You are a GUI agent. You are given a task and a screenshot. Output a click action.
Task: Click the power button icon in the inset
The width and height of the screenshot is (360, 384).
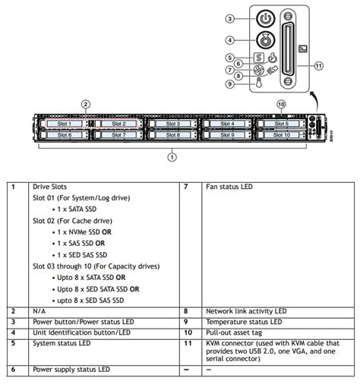(x=265, y=18)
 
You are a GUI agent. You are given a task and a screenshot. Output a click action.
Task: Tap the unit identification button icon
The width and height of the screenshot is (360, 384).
(x=265, y=40)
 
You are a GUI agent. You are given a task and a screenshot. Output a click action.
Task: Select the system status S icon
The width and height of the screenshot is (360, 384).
(x=259, y=58)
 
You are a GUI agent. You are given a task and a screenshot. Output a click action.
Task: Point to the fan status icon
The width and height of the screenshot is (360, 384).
(x=259, y=70)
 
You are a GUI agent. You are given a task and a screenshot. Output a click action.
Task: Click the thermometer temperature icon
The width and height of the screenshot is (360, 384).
(x=259, y=83)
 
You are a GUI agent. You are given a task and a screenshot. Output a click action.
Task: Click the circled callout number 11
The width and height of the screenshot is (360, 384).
(x=318, y=66)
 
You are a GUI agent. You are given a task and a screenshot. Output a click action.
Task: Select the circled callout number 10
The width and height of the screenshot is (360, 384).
(x=281, y=104)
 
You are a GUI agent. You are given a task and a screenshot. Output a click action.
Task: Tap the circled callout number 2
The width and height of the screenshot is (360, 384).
(x=86, y=104)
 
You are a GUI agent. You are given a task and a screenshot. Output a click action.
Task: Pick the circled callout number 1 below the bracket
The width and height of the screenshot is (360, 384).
(x=172, y=157)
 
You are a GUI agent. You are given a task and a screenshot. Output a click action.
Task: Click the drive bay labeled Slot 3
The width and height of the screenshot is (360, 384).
(x=173, y=124)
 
